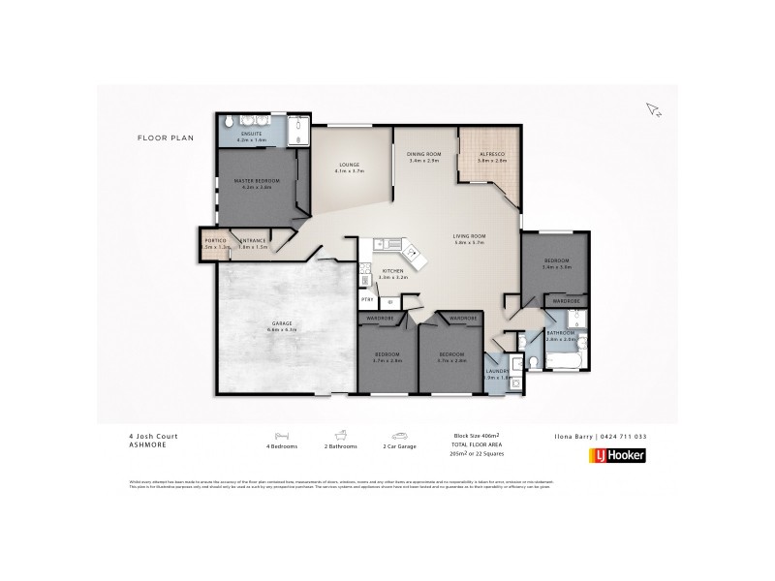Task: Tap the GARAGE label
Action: (280, 323)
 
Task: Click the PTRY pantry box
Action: (368, 301)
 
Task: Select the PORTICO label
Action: (215, 240)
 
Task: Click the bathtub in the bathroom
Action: (563, 361)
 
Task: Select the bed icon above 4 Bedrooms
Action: (282, 436)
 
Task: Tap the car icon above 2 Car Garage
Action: (398, 436)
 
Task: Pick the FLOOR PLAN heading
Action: (166, 138)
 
